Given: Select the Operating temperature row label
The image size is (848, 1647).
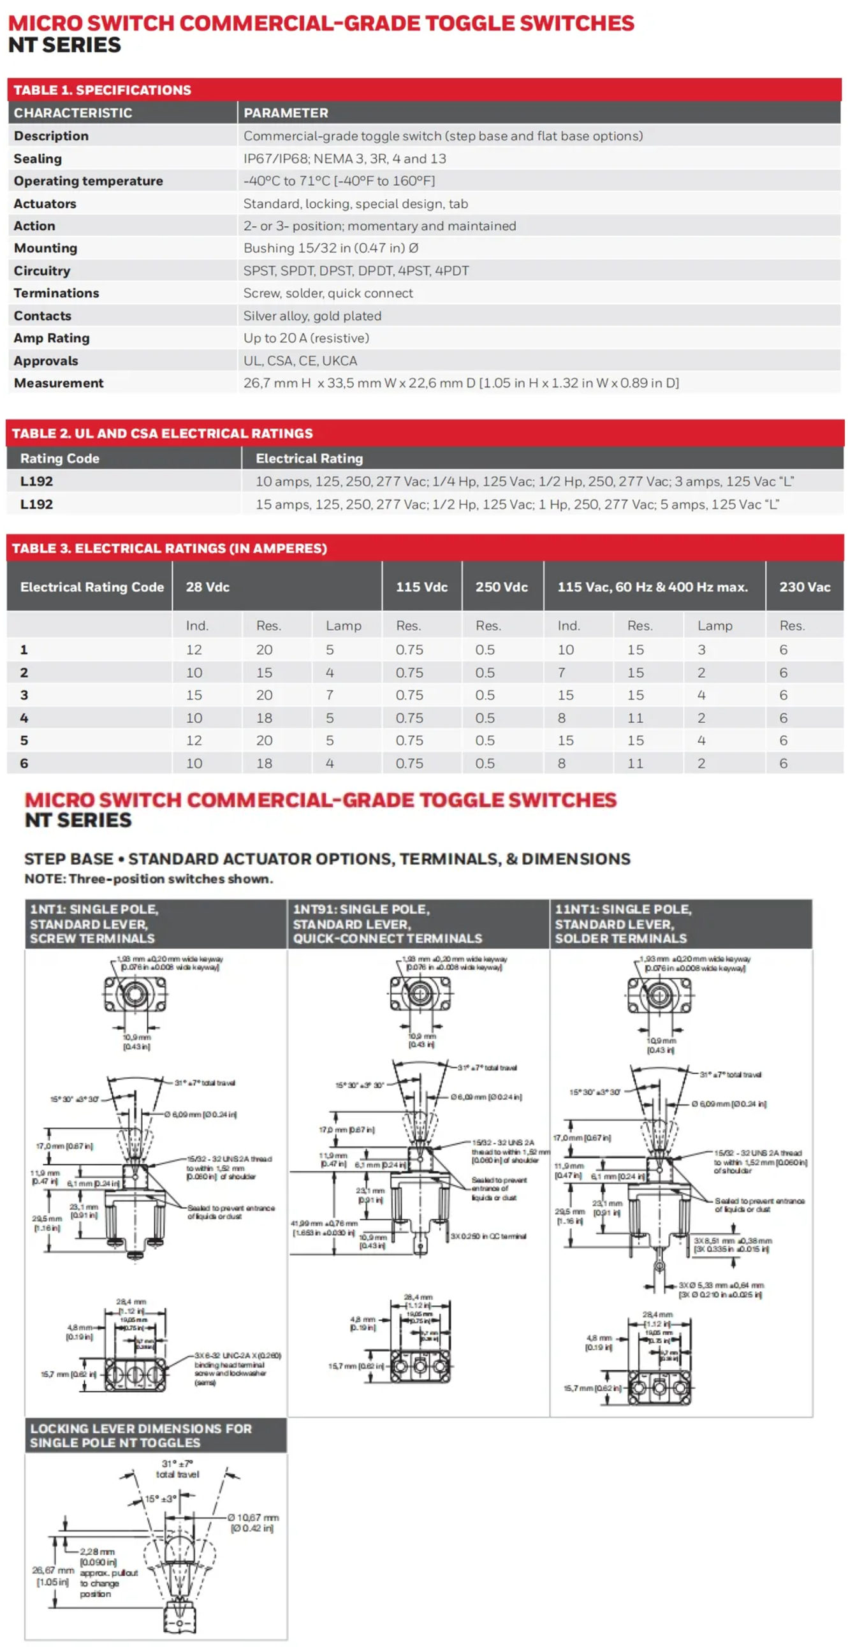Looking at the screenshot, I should [x=88, y=181].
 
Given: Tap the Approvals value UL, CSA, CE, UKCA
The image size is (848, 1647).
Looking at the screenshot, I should [x=300, y=361].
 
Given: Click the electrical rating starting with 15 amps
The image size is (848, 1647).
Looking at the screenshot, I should [x=516, y=504].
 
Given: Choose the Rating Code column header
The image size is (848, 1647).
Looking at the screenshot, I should [x=59, y=458].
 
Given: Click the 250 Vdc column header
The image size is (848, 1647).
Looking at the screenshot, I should [x=501, y=587].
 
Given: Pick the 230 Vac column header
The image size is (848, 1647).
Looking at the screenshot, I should [x=804, y=587].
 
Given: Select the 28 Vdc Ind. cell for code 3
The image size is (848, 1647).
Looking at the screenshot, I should [x=194, y=695].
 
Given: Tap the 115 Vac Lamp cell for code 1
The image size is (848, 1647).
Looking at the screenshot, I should [x=701, y=650].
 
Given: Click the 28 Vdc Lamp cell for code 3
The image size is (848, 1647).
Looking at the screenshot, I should [x=330, y=695].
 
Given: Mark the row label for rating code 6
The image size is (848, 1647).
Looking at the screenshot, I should [x=24, y=763].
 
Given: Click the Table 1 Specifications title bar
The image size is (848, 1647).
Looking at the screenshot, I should [x=102, y=90].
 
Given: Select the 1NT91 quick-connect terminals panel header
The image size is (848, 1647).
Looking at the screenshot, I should [x=387, y=923].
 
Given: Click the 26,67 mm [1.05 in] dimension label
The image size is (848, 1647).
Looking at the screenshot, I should [x=52, y=1576].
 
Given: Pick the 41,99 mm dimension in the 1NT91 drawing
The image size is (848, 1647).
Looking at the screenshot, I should [x=325, y=1227].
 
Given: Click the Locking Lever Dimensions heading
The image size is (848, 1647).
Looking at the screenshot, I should [x=141, y=1435].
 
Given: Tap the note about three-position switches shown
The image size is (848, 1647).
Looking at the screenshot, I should [x=149, y=879].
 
